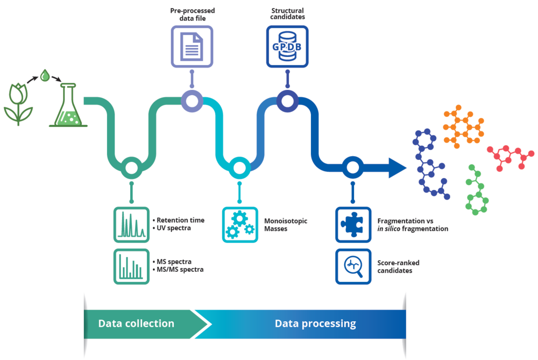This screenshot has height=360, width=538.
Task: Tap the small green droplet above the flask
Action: click(x=44, y=75)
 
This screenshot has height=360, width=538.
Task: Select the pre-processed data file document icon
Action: click(x=192, y=46)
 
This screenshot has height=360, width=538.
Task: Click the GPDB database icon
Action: click(x=287, y=46)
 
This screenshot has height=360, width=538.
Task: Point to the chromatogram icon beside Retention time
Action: click(x=131, y=224)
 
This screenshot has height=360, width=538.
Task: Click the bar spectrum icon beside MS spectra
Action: click(x=131, y=266)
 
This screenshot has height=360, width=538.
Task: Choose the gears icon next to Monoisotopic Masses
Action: click(x=240, y=224)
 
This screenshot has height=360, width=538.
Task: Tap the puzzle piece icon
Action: click(x=353, y=224)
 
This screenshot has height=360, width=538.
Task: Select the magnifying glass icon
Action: click(x=353, y=266)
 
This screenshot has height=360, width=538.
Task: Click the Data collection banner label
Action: click(x=136, y=323)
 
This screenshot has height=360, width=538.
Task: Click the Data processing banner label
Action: click(x=315, y=323)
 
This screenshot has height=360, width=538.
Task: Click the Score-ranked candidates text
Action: click(x=399, y=266)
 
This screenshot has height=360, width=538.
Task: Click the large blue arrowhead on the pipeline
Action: click(x=397, y=168)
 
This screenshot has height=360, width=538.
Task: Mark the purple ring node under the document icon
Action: click(x=192, y=101)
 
